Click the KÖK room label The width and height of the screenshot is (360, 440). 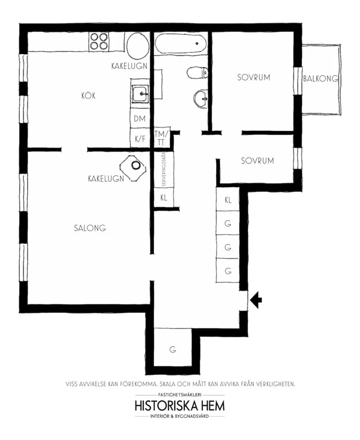pos(89,96)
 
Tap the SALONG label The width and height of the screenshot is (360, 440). pos(90,228)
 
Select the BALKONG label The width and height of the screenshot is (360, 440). pos(320,79)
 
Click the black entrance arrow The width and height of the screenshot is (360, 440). pos(256,300)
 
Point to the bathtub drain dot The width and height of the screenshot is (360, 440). pos(197,43)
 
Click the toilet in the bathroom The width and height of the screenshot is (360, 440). pos(197,72)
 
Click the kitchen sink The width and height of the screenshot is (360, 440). pos(140,94)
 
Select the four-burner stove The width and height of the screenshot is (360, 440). pos(99,41)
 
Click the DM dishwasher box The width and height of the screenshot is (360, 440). pos(140,119)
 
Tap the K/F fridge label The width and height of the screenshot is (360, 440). pos(140,139)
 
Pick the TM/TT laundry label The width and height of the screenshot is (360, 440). pos(161,138)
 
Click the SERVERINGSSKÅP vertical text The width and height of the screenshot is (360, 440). pos(164,169)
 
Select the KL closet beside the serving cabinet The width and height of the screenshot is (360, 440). pos(164,197)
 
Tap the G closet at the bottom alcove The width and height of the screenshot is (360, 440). pos(172,349)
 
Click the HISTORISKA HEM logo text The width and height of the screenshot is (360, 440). pos(180,405)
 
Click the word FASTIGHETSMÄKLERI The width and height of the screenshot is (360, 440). pos(180,394)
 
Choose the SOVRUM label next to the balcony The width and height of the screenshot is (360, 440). pos(254,77)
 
